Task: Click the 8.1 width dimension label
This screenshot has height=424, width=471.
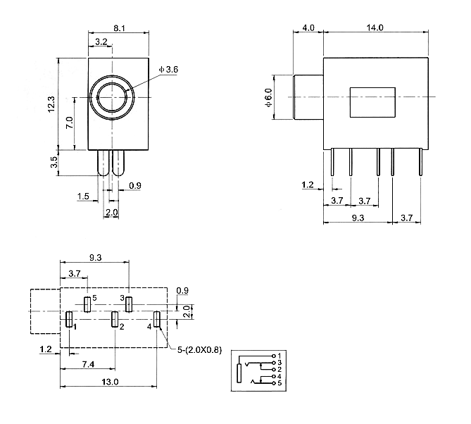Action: [119, 29]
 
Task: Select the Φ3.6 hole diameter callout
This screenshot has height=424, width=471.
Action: [169, 69]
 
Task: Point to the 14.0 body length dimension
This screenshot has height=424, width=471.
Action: [375, 28]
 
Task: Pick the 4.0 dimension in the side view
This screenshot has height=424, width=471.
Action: [308, 28]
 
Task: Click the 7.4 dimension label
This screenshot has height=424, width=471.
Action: [87, 363]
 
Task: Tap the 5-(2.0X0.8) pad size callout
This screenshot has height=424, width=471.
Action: [199, 350]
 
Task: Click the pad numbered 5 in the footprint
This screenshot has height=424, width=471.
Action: [87, 304]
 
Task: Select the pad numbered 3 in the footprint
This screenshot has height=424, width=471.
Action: [129, 304]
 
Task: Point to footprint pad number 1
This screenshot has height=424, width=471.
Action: [69, 319]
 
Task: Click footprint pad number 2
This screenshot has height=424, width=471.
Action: [115, 319]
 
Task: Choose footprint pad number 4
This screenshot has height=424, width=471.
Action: [157, 319]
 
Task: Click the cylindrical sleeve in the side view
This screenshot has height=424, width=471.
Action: [307, 97]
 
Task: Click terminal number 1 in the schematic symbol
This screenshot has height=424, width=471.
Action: [280, 355]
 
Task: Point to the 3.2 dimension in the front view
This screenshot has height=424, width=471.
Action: [101, 43]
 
